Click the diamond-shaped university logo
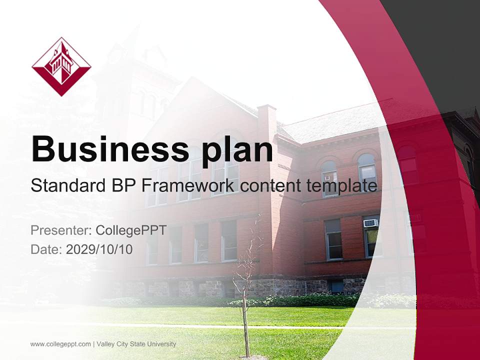coord(61,66)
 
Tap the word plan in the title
coord(231,148)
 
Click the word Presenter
coord(60,230)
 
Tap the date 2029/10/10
coord(99,249)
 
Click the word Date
coord(45,249)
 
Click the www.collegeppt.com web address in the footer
coord(60,344)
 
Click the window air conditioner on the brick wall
coord(370,223)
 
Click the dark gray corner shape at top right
coord(440,40)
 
